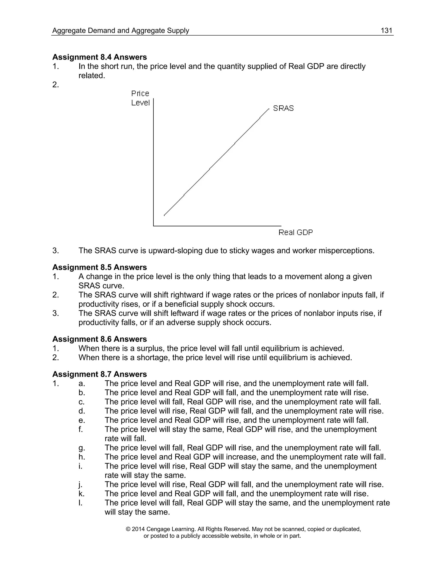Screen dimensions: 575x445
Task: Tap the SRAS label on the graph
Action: tap(283, 108)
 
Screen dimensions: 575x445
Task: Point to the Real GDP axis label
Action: tap(295, 232)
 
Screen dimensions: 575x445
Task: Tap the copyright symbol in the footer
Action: tap(128, 529)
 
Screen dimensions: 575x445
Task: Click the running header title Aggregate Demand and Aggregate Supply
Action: tap(120, 31)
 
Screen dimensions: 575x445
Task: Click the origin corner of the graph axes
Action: tap(153, 226)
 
